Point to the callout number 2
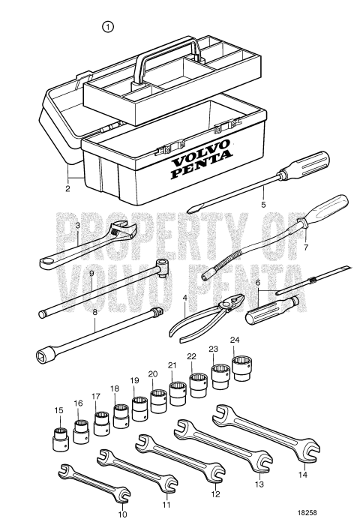tap(67, 189)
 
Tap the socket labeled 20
tap(158, 400)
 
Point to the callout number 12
tap(216, 496)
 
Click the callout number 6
tap(258, 283)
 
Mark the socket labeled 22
tap(198, 385)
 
